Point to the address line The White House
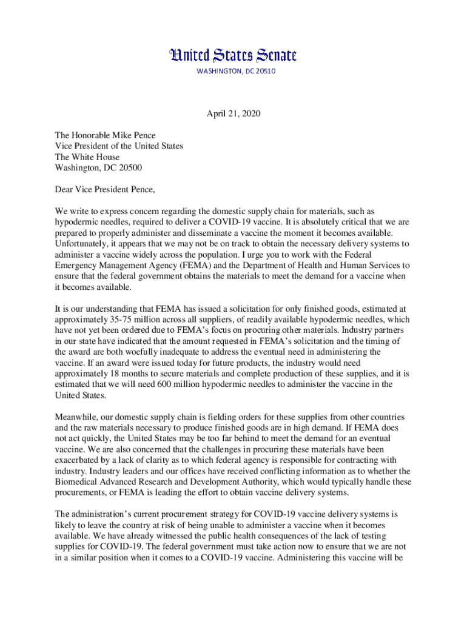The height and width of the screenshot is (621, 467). point(87,157)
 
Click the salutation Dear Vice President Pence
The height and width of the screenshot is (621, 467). point(105,189)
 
